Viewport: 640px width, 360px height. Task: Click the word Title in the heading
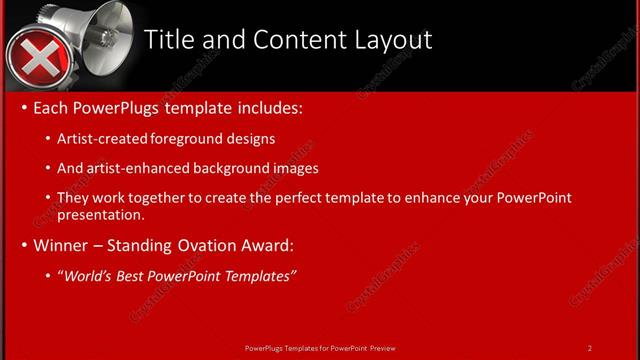[168, 40]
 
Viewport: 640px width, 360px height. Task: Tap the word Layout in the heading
[392, 40]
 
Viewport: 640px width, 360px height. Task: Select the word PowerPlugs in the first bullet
[115, 107]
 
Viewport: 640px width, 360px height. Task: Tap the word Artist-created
[98, 139]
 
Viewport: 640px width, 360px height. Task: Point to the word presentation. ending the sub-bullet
[101, 215]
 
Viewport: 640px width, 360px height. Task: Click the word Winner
[62, 245]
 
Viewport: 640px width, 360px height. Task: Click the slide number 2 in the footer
[590, 347]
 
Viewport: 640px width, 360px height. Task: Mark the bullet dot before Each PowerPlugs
[25, 108]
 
